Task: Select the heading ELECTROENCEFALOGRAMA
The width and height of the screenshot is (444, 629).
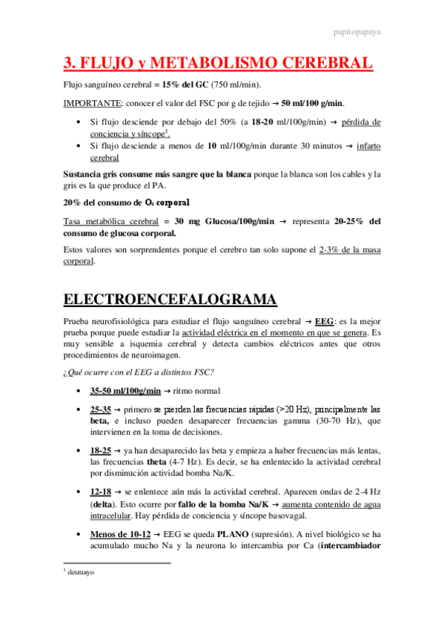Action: (170, 300)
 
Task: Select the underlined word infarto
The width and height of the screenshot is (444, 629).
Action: (368, 146)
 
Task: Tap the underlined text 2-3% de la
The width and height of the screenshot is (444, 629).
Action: (339, 250)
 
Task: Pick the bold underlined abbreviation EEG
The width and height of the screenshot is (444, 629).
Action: (324, 323)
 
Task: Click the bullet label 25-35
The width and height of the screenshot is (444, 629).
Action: (100, 409)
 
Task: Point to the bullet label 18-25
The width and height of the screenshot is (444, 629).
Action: (100, 450)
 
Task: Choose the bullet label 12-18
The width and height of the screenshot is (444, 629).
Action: (100, 491)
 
